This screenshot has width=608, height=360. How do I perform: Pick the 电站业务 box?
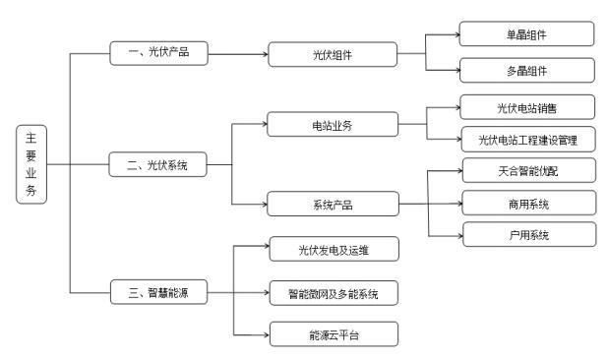[334, 124]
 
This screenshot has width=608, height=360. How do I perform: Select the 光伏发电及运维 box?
[334, 249]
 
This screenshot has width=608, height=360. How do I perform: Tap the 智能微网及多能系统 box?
[334, 291]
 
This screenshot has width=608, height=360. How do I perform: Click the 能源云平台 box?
[334, 334]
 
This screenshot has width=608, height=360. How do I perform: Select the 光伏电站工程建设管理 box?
[528, 140]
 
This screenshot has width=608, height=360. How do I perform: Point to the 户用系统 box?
[528, 235]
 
